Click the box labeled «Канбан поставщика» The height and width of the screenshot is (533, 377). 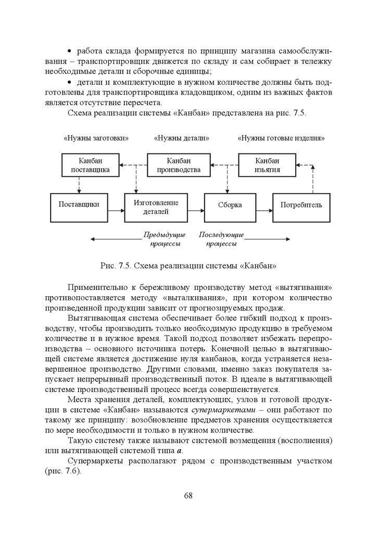(90, 165)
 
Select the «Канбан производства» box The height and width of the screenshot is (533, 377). (179, 165)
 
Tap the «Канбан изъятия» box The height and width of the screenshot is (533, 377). (267, 165)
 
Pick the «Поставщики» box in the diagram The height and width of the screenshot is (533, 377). (79, 205)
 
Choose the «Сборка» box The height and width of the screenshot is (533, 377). (230, 205)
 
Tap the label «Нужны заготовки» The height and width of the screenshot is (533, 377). (96, 138)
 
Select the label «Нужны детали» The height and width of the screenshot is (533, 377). (182, 138)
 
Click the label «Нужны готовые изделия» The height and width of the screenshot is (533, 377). (281, 138)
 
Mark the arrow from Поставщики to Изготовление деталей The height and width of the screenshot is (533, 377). (116, 210)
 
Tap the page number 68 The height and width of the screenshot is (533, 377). (188, 495)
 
